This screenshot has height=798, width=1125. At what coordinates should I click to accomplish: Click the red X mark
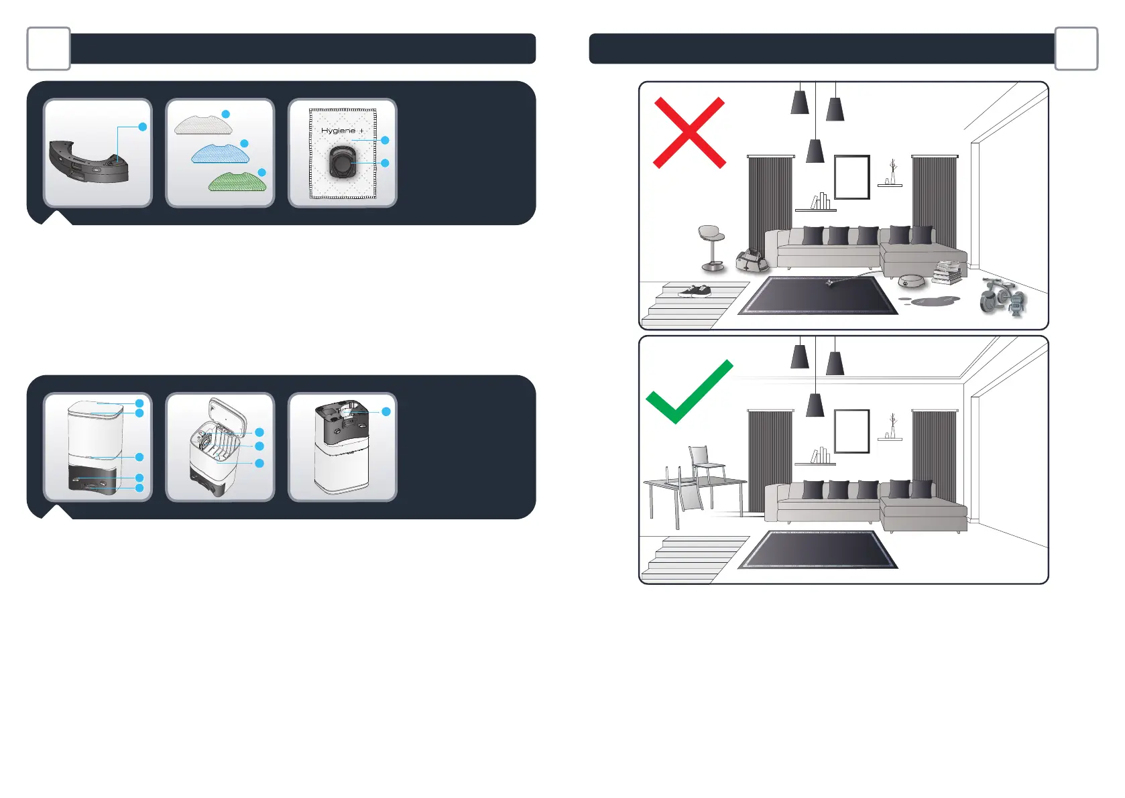[x=689, y=133]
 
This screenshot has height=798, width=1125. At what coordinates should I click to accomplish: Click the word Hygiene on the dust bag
[x=338, y=131]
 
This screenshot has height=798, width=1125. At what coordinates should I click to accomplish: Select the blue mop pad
[x=220, y=154]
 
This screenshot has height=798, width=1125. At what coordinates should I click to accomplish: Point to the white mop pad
[x=202, y=124]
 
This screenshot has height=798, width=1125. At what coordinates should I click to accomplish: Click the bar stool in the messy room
[x=712, y=247]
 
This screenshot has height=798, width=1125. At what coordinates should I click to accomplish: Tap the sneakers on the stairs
[x=695, y=290]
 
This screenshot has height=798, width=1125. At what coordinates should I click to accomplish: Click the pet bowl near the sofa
[x=910, y=280]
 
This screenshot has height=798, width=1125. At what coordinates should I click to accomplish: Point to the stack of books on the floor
[x=947, y=272]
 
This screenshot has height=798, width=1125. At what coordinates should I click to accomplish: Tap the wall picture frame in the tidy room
[x=851, y=431]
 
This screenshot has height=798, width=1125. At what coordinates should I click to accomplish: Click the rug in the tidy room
[x=818, y=549]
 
